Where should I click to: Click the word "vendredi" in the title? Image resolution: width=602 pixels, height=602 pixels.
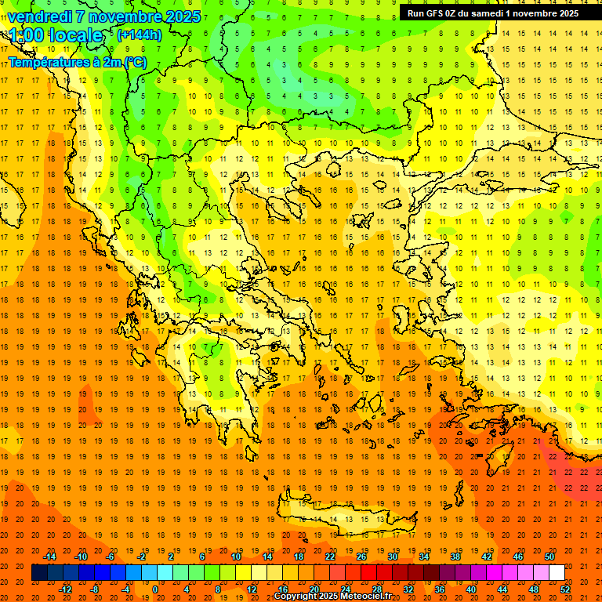point(40,16)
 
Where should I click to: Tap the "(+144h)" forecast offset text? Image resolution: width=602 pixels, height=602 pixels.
point(139,34)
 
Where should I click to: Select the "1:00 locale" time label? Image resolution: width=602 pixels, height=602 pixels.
point(56,36)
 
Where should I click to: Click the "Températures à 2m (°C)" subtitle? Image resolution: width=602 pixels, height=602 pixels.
point(77,62)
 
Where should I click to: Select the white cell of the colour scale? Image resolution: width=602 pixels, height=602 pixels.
point(557,573)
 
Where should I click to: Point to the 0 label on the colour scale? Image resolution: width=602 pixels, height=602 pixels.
point(155,589)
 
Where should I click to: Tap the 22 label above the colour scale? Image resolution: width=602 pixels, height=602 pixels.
point(330,557)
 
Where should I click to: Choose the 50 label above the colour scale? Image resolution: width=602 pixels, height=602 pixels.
point(549,557)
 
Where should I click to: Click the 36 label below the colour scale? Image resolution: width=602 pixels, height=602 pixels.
point(440,589)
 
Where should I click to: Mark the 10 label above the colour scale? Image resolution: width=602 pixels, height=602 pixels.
point(236,557)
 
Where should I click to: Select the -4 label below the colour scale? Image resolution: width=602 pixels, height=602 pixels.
point(125,589)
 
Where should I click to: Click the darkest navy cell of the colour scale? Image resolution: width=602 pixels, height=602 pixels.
point(39,573)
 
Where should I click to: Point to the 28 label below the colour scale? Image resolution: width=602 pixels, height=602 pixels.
point(377,589)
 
